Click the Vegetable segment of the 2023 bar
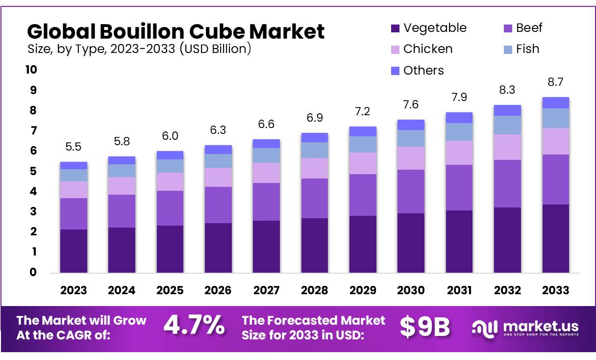point(74,251)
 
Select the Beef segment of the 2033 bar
point(556,180)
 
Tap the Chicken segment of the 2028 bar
point(315,168)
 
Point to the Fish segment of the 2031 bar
point(459,132)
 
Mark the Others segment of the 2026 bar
point(218,150)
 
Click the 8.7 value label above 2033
point(556,82)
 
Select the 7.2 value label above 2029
point(363,112)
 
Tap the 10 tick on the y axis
point(31,70)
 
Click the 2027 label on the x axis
point(266,290)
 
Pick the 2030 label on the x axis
point(411,290)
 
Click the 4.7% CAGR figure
point(194,325)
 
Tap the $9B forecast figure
point(425,327)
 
